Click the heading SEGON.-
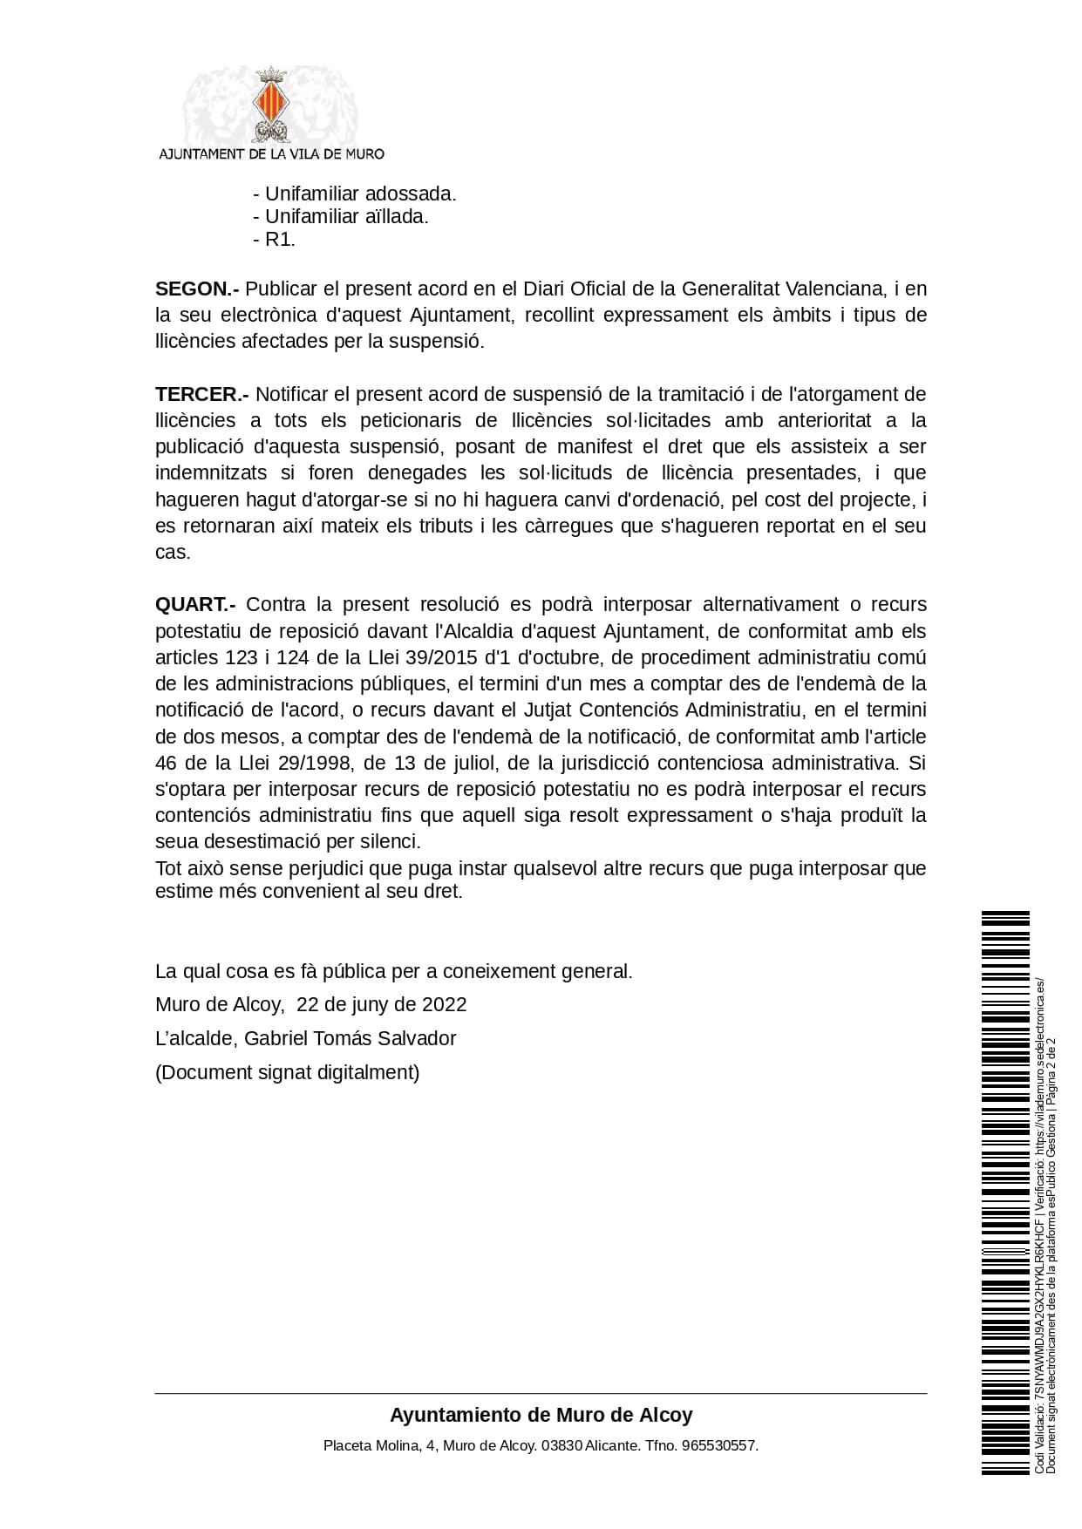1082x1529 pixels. (197, 289)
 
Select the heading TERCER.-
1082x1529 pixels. (202, 394)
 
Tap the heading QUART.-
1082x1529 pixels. (195, 605)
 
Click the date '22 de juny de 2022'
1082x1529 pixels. (382, 1004)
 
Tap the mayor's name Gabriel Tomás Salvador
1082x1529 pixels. (350, 1038)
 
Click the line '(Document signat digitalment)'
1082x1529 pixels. (287, 1072)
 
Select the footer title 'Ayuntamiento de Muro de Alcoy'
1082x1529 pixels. (541, 1414)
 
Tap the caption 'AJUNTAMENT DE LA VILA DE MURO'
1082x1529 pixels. (270, 153)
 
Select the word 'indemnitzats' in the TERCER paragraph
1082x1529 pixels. (207, 473)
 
